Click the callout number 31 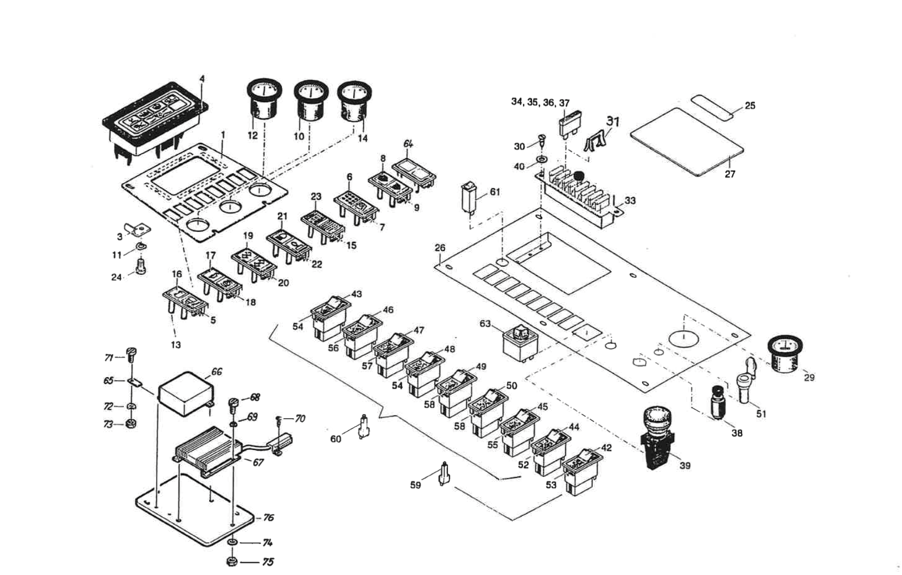612,121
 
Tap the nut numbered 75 231,561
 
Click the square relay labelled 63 520,342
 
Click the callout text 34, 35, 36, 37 540,102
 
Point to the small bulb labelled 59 445,473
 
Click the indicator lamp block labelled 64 414,173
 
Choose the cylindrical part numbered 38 717,403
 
